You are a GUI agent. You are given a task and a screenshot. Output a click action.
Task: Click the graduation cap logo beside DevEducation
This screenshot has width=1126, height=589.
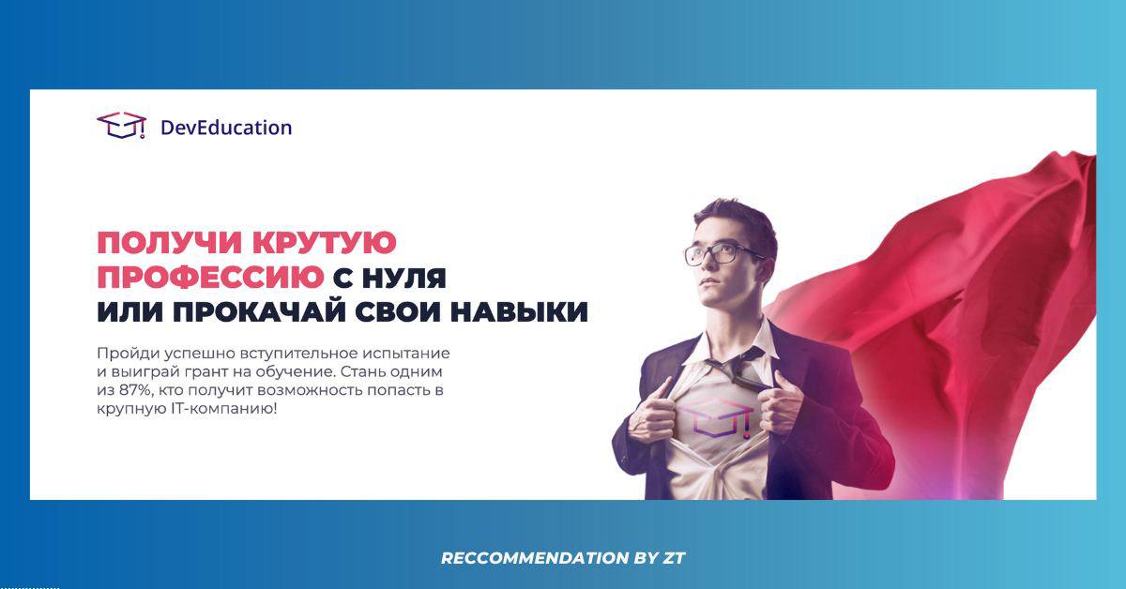[x=122, y=125]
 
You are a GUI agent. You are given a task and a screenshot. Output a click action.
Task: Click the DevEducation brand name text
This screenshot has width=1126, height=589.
[x=226, y=128]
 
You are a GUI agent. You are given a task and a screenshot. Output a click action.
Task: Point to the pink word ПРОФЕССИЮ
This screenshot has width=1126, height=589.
[x=210, y=278]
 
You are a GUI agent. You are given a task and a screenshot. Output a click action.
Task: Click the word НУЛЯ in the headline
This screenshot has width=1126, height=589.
[x=404, y=279]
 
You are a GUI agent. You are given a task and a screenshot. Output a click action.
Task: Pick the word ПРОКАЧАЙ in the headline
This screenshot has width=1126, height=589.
[x=259, y=311]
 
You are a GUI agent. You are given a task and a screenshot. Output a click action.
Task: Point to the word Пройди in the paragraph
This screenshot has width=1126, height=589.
[x=129, y=354]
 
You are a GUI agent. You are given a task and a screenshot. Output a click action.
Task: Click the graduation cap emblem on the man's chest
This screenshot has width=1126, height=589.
[x=716, y=418]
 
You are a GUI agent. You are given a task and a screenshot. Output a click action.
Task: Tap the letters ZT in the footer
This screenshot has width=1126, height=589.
[x=674, y=558]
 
